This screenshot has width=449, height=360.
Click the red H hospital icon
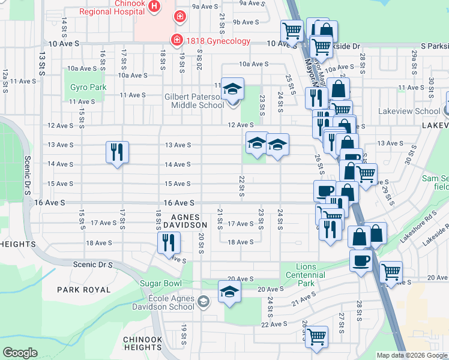pos(155,7)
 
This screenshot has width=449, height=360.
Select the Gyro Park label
pos(88,87)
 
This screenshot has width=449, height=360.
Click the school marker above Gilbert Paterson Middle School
pos(232,90)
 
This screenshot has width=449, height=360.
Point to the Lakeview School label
pos(409,111)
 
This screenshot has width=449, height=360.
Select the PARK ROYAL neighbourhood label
pos(84,290)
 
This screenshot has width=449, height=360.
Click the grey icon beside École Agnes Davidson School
pos(203,301)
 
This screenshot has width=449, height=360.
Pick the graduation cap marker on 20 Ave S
pos(230,292)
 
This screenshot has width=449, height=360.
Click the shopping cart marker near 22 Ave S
pos(316,337)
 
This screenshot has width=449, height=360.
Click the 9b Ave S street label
pos(246,22)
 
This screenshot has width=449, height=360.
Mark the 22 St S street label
pos(241,185)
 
